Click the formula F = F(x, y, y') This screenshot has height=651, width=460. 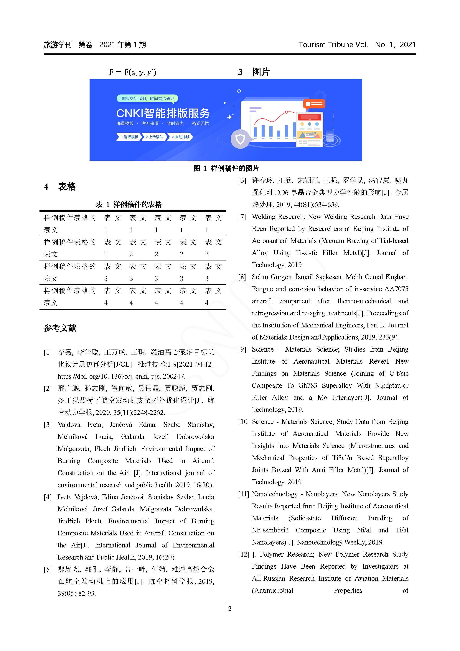[x=132, y=72]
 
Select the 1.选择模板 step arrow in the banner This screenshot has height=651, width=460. [x=129, y=137]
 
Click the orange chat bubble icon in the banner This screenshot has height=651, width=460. [x=314, y=104]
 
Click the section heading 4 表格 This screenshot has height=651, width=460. [x=60, y=187]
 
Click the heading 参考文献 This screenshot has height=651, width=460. [x=60, y=328]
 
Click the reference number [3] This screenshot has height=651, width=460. [x=48, y=425]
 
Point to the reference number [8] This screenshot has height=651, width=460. [x=242, y=277]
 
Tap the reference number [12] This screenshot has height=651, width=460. [x=243, y=554]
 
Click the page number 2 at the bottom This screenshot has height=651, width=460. [x=230, y=609]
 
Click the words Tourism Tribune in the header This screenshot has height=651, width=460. [x=326, y=45]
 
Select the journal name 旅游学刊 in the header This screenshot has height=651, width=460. [x=57, y=45]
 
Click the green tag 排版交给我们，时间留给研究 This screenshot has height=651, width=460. [x=148, y=99]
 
